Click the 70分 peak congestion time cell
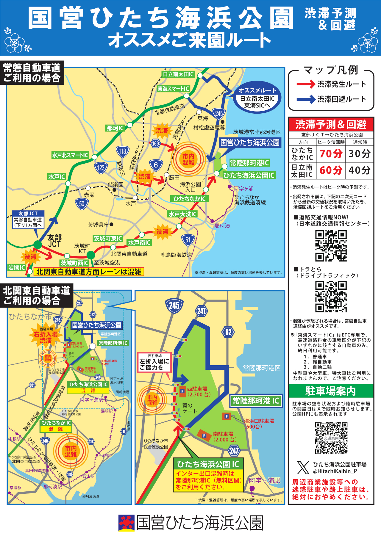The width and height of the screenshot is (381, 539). pos(331,154)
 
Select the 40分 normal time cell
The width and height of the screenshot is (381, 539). pos(359,170)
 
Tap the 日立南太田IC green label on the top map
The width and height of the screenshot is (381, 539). pos(178,74)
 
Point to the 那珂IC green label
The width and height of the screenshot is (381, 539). pos(115,128)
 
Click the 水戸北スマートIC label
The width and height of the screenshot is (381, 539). pos(70,155)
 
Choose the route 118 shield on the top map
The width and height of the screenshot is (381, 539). pos(123,151)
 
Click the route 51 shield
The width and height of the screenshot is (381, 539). pos(188,240)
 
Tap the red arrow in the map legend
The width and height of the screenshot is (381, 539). pos(306,84)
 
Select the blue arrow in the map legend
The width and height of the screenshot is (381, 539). pos(306,99)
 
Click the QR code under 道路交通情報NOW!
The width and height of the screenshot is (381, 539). pos(331,246)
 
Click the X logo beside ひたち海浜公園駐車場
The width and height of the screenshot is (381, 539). pos(303,468)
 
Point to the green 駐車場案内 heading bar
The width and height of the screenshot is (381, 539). pos(331,391)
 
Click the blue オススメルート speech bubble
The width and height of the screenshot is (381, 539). pos(257,98)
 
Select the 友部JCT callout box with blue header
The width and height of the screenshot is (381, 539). pos(28,220)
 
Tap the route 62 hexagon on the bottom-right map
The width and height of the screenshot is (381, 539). pos(228,332)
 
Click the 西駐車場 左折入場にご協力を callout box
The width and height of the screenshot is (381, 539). pos(154,362)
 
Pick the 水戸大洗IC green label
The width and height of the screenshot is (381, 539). pos(182,214)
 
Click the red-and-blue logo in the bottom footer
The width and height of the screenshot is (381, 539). pos(127,523)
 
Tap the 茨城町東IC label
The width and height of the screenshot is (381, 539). pos(108,239)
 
